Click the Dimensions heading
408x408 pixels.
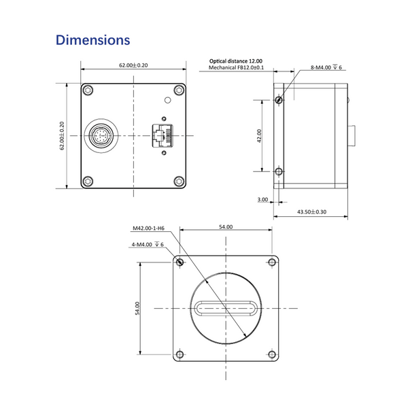[93, 40]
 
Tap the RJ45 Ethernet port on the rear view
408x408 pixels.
[163, 135]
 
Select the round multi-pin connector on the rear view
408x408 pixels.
[101, 135]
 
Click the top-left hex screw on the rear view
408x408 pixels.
[88, 90]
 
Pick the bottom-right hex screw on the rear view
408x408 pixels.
[179, 181]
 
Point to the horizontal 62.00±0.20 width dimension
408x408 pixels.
[133, 65]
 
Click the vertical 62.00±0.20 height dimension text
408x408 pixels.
[62, 135]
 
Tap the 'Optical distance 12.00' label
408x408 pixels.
[236, 61]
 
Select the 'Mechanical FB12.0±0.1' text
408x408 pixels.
[236, 67]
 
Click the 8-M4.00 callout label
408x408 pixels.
[326, 67]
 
